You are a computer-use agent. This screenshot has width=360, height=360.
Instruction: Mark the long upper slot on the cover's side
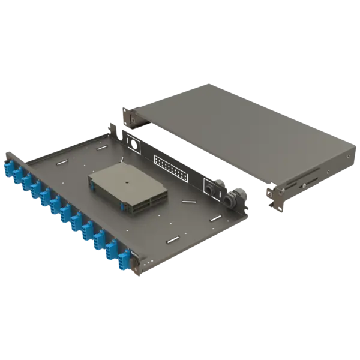(x=312, y=175)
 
